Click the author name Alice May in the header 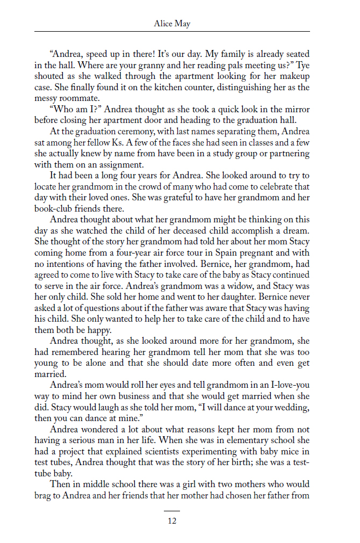(172, 24)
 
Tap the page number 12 (172, 520)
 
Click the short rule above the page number (172, 511)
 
